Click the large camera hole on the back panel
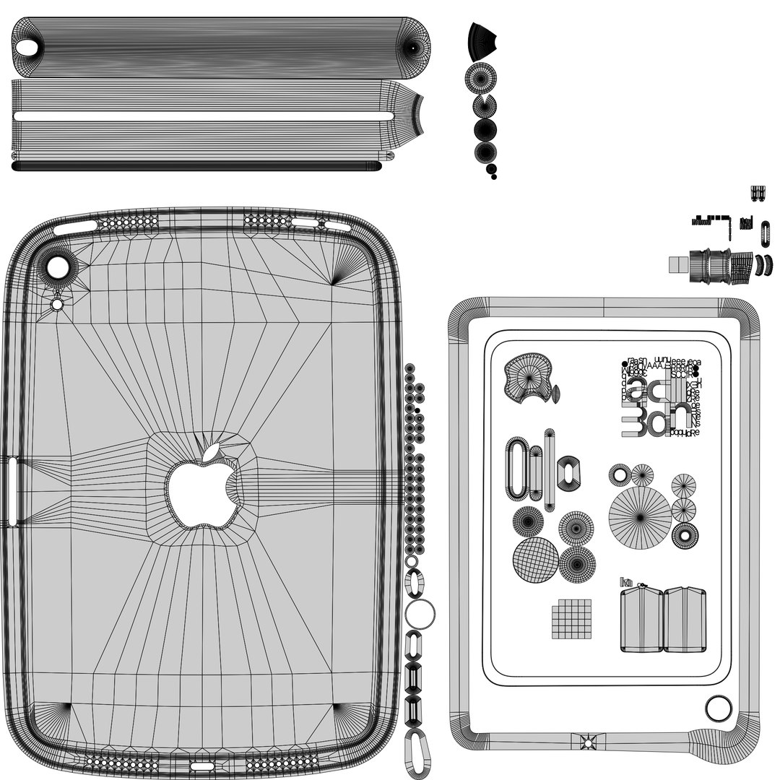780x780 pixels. tap(56, 269)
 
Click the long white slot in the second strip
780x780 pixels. tap(202, 116)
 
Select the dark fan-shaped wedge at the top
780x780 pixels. tap(482, 40)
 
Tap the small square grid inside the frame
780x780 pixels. tap(571, 619)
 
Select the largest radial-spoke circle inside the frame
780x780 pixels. tap(640, 515)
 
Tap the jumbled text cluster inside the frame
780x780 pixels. tap(660, 397)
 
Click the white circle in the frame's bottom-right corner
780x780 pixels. tap(718, 708)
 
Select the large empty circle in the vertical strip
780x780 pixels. tap(420, 615)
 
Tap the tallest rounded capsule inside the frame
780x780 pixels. tap(516, 468)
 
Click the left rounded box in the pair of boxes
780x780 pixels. tap(641, 620)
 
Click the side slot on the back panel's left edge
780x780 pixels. tap(14, 491)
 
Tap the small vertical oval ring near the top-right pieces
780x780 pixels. tap(765, 234)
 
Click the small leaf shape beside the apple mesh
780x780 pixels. tap(555, 394)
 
